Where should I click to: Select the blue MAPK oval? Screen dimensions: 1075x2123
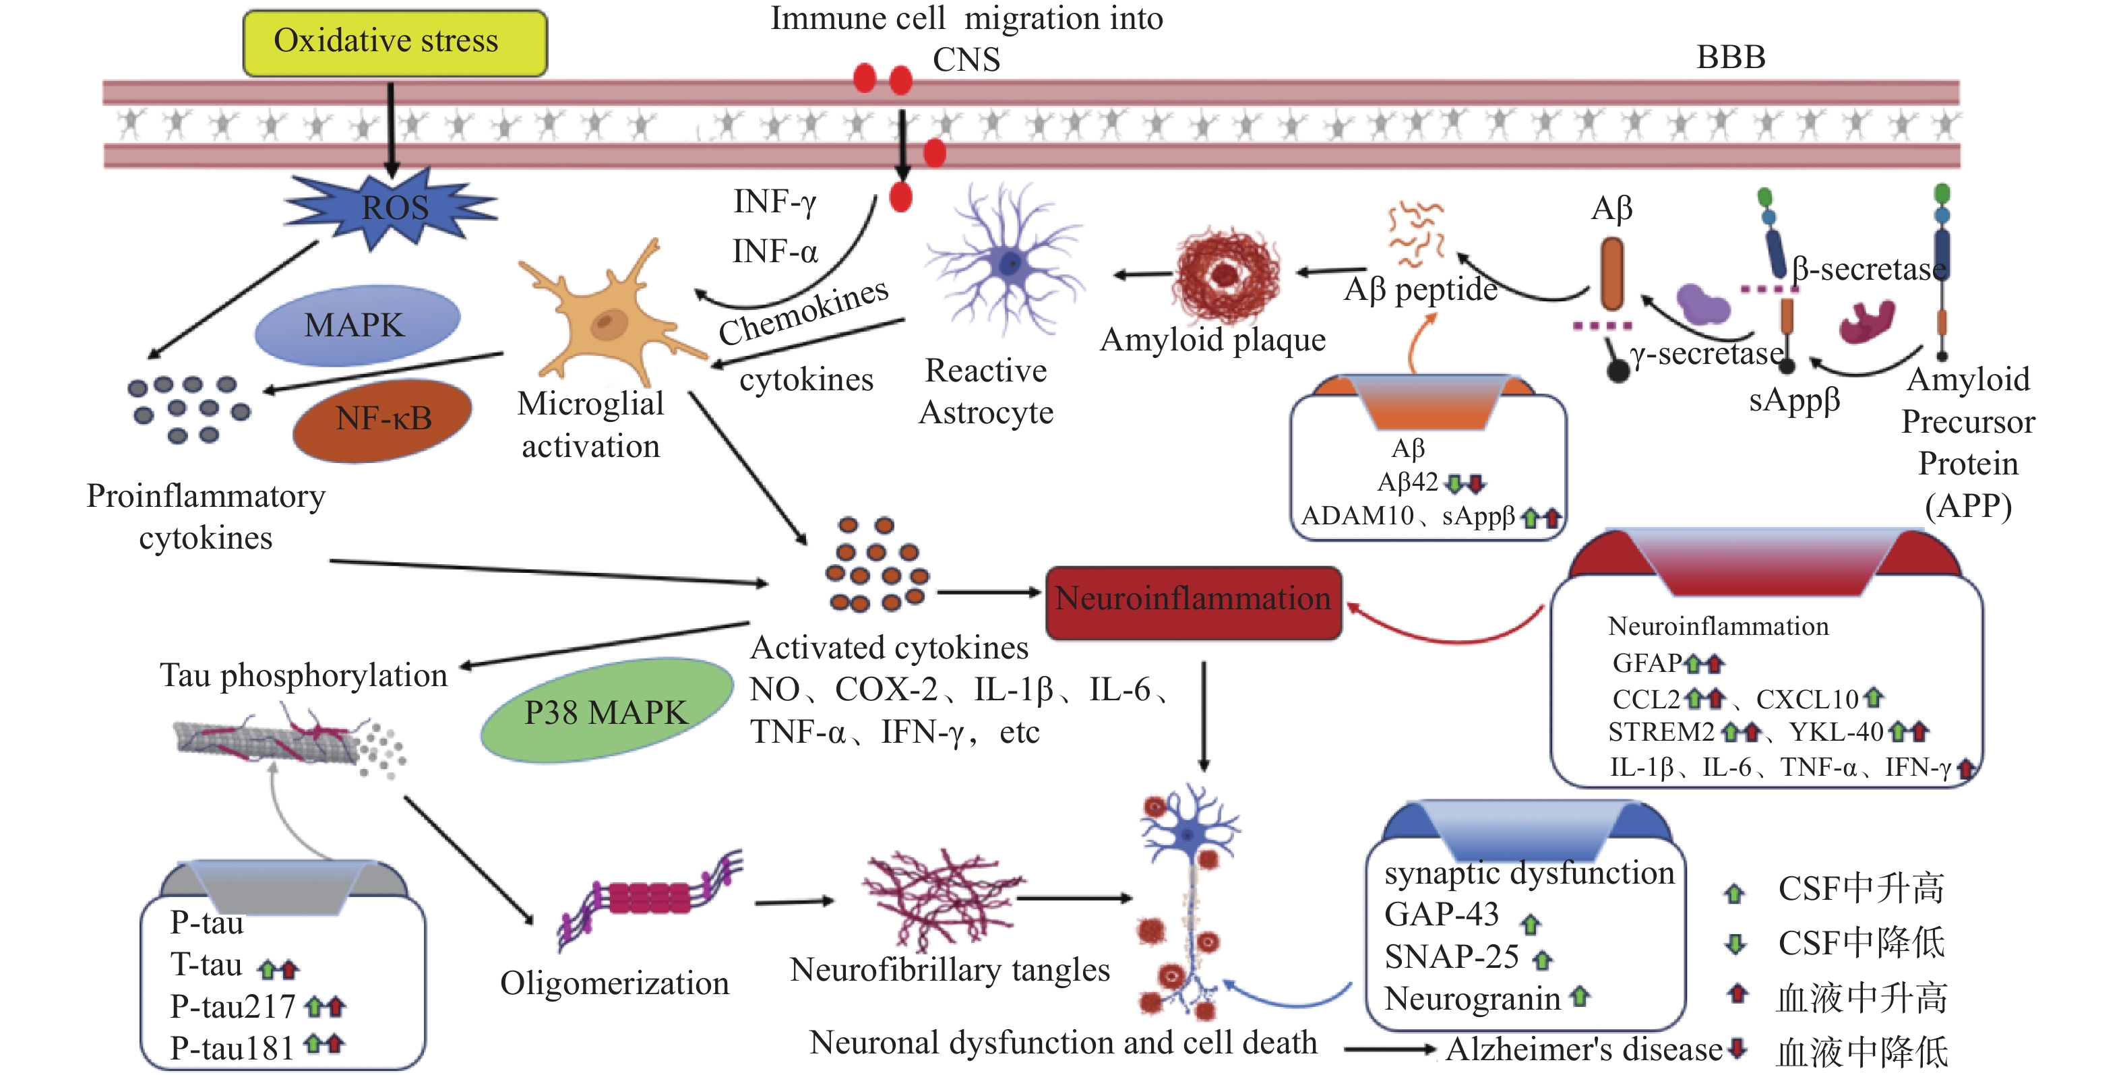(355, 325)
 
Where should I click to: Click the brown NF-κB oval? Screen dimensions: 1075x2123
(382, 419)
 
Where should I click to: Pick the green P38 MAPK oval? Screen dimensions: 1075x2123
(606, 710)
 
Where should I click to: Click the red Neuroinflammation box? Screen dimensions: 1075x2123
(1192, 600)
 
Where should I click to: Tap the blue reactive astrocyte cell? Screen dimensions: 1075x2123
(1007, 262)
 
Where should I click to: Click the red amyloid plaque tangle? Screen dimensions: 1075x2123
(1227, 274)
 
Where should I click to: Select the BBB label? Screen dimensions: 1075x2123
(1730, 58)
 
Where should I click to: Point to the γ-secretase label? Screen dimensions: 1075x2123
(1706, 354)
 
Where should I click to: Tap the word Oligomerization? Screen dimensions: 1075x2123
(614, 983)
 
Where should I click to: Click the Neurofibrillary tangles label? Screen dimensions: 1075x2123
(950, 969)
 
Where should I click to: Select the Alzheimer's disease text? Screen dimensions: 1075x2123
(1583, 1049)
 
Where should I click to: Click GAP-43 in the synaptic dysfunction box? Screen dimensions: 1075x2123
(1442, 914)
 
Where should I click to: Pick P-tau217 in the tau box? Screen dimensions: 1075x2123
(233, 1006)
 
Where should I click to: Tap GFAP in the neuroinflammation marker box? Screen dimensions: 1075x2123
(1647, 663)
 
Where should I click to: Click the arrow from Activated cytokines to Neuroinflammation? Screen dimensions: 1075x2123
(989, 592)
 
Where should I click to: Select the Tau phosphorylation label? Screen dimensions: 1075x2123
(303, 675)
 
